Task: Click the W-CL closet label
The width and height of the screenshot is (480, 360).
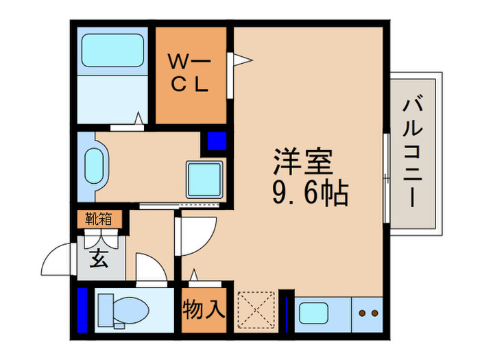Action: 190,74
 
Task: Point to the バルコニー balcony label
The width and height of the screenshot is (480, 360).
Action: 412,152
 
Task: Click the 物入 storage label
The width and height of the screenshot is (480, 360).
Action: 204,310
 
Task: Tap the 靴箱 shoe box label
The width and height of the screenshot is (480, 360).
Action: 99,219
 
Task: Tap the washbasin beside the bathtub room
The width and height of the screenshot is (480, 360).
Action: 93,166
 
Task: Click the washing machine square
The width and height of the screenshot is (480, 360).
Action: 204,180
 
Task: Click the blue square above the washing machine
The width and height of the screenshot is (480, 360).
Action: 216,142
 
